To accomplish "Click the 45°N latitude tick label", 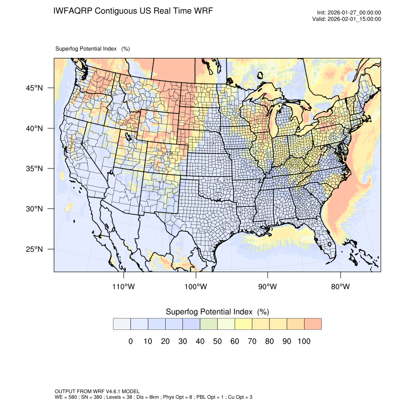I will (x=34, y=88).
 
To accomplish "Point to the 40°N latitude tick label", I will (x=34, y=128).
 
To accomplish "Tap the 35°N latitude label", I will (x=34, y=169).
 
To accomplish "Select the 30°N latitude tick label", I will (x=34, y=209).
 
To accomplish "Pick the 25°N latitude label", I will (x=34, y=249).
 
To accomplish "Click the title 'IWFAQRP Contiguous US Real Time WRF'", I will (x=133, y=11).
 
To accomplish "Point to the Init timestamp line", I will (x=349, y=13).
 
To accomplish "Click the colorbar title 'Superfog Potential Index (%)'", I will (x=217, y=312).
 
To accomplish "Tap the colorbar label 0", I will (x=130, y=341).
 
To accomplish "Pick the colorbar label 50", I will (x=217, y=341).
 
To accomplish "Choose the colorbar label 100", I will (x=304, y=341).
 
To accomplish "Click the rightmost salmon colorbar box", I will (x=313, y=324).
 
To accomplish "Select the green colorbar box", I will (x=208, y=324).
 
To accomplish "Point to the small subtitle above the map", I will (x=92, y=48).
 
